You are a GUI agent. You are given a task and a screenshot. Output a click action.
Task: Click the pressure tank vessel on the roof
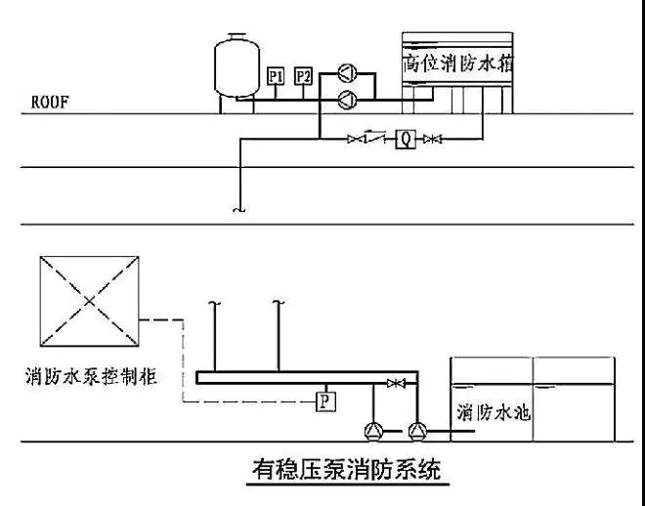pyautogui.click(x=233, y=64)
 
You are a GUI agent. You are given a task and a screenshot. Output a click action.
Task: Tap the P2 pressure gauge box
pyautogui.click(x=303, y=75)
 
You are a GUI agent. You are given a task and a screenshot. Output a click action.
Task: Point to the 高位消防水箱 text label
pyautogui.click(x=460, y=63)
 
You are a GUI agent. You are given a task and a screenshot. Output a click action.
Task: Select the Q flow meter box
pyautogui.click(x=403, y=140)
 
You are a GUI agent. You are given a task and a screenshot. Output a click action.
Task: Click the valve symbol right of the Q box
pyautogui.click(x=431, y=140)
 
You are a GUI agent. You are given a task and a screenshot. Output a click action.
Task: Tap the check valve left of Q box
pyautogui.click(x=374, y=140)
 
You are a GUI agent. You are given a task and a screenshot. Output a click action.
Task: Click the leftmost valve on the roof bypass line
pyautogui.click(x=354, y=140)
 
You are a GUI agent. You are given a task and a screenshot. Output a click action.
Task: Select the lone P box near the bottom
pyautogui.click(x=323, y=400)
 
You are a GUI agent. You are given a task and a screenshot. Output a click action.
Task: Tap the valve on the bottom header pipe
pyautogui.click(x=395, y=383)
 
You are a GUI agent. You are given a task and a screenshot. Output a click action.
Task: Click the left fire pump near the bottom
pyautogui.click(x=374, y=430)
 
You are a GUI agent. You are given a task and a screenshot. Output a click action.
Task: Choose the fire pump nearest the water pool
pyautogui.click(x=418, y=430)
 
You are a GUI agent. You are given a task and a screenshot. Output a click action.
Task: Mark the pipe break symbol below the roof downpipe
pyautogui.click(x=237, y=209)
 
